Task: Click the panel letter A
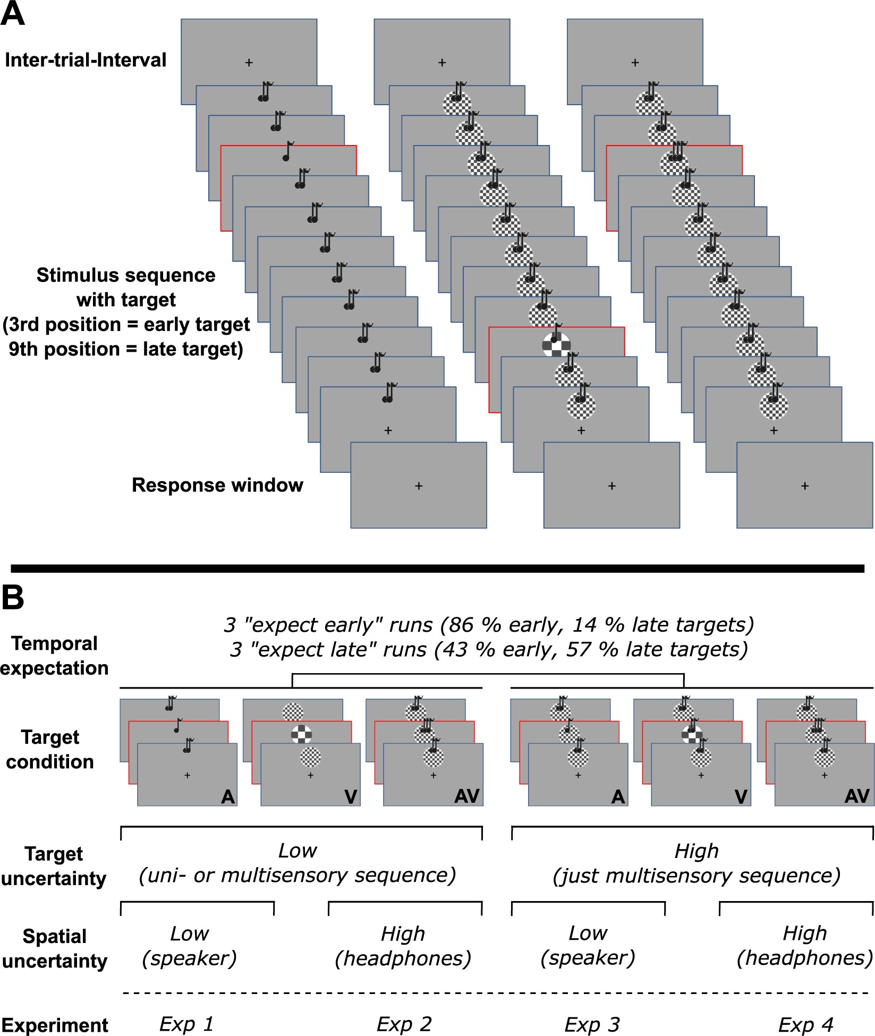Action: click(x=13, y=14)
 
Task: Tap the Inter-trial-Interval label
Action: click(x=86, y=60)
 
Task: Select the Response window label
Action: click(x=217, y=485)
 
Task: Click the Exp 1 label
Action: click(x=186, y=1024)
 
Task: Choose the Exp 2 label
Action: click(x=404, y=1024)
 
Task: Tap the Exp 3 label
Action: click(x=592, y=1024)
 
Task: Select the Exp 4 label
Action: click(x=805, y=1024)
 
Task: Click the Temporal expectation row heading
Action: click(x=54, y=655)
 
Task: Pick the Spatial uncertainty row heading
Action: click(x=54, y=948)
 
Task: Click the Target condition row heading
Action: click(x=50, y=749)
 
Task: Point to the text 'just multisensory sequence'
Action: click(x=696, y=875)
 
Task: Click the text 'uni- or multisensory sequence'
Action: click(x=298, y=875)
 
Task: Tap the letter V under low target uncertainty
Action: click(x=351, y=796)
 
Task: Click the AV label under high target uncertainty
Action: click(x=857, y=796)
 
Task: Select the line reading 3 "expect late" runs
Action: click(x=489, y=649)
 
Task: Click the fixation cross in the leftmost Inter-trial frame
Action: click(x=249, y=63)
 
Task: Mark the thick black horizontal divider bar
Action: click(x=437, y=568)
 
